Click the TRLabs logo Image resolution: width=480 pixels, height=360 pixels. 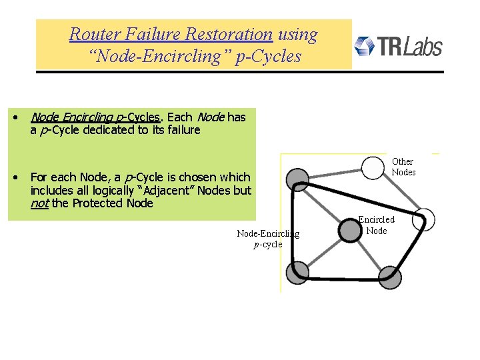pyautogui.click(x=398, y=46)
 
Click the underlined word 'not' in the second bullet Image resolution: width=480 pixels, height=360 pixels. pyautogui.click(x=39, y=203)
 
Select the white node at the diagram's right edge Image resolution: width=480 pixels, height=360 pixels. pyautogui.click(x=425, y=219)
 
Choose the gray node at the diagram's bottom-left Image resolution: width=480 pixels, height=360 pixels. pyautogui.click(x=298, y=271)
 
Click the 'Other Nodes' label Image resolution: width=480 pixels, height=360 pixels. pyautogui.click(x=403, y=167)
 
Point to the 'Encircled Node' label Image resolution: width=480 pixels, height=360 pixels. pyautogui.click(x=376, y=225)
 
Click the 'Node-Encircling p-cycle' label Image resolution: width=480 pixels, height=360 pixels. pyautogui.click(x=268, y=239)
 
